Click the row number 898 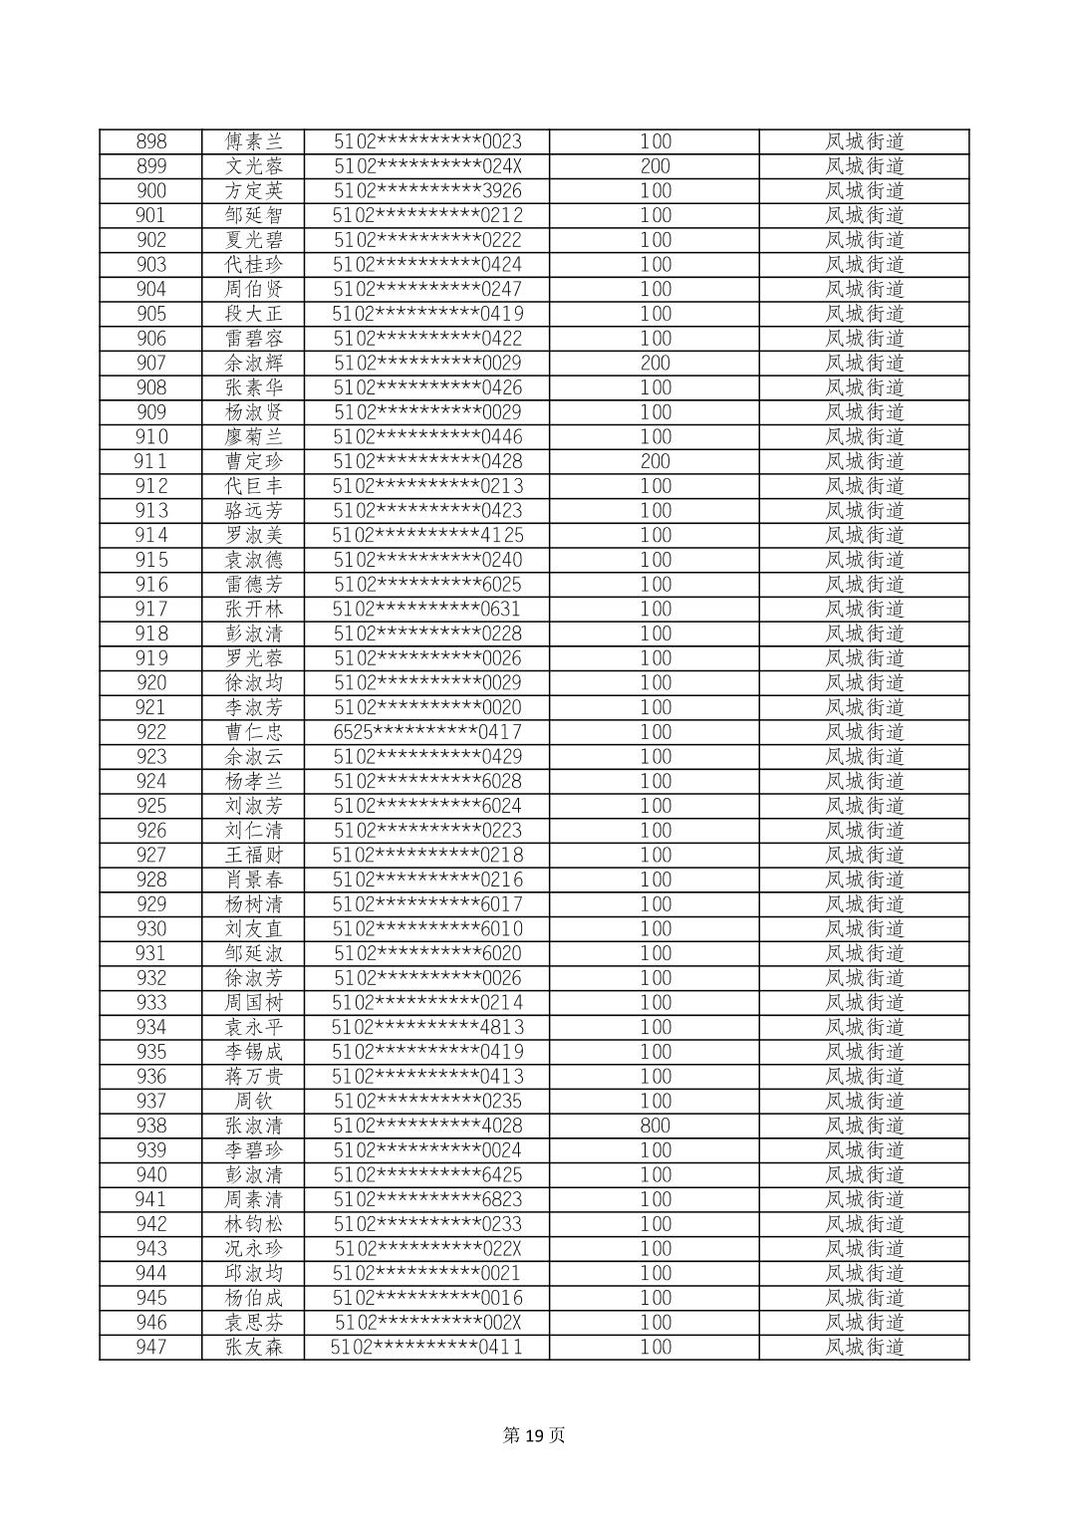(x=151, y=141)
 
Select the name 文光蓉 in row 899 (x=254, y=166)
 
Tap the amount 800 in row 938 (x=655, y=1126)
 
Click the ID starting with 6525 (x=427, y=732)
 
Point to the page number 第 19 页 (x=534, y=1435)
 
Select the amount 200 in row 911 (x=655, y=461)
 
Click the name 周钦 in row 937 (x=254, y=1101)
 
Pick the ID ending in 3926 (x=427, y=190)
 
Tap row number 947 (x=151, y=1347)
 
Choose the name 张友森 (x=254, y=1347)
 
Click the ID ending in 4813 (x=427, y=1027)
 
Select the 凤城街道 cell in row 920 (x=864, y=682)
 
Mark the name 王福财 (x=254, y=855)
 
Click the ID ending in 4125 (x=427, y=535)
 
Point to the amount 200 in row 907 (x=655, y=363)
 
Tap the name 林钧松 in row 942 (x=254, y=1224)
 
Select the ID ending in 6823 (x=427, y=1199)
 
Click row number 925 (x=151, y=806)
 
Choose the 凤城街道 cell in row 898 (x=864, y=141)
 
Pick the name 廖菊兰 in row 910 (x=254, y=436)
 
